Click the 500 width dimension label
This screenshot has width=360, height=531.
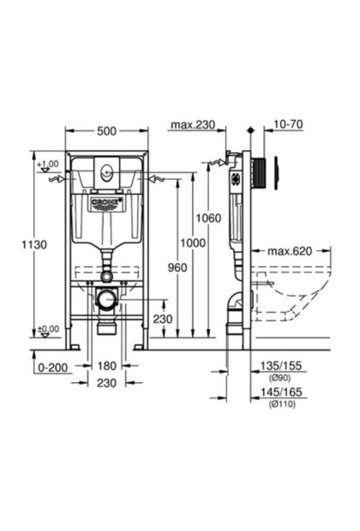click(x=106, y=131)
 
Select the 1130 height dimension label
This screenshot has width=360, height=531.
click(x=34, y=244)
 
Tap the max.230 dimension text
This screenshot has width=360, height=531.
click(x=193, y=125)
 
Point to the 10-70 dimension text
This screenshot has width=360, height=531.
click(x=288, y=124)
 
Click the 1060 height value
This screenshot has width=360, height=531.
click(x=208, y=218)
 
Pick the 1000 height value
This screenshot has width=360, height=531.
click(x=193, y=243)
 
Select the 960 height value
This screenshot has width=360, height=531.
click(x=177, y=267)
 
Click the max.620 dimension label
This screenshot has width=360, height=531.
click(x=290, y=251)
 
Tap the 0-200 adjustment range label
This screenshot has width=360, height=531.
click(x=52, y=367)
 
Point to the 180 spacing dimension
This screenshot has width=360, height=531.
click(x=107, y=366)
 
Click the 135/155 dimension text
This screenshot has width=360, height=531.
click(x=280, y=366)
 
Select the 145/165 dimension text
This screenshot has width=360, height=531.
click(x=280, y=391)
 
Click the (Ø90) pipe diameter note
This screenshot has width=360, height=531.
click(x=279, y=377)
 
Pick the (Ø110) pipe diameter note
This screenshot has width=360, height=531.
click(x=282, y=403)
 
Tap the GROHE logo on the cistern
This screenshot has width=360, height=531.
click(x=106, y=202)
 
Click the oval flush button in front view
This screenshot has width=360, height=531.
click(x=106, y=173)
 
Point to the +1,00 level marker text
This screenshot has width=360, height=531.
click(x=48, y=164)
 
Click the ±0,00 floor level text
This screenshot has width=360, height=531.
click(x=48, y=329)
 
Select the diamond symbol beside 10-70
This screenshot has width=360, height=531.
click(x=251, y=129)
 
